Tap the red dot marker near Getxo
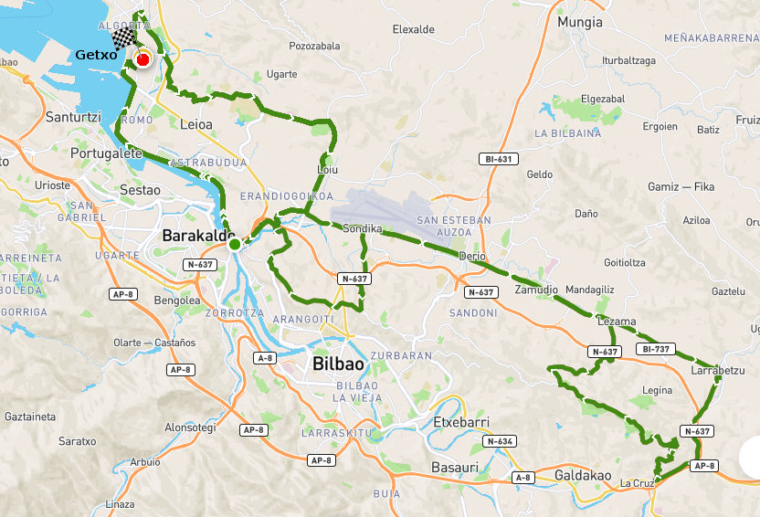click(x=142, y=60)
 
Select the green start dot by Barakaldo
click(x=235, y=244)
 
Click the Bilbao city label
click(x=338, y=364)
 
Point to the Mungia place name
click(x=580, y=21)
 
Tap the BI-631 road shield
click(x=499, y=159)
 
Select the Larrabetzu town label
click(x=720, y=372)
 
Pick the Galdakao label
click(x=583, y=475)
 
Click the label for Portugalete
click(x=106, y=153)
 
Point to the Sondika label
click(x=362, y=228)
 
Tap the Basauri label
click(x=454, y=468)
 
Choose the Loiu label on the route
click(x=326, y=170)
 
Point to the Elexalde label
click(x=413, y=29)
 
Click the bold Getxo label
click(x=96, y=54)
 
